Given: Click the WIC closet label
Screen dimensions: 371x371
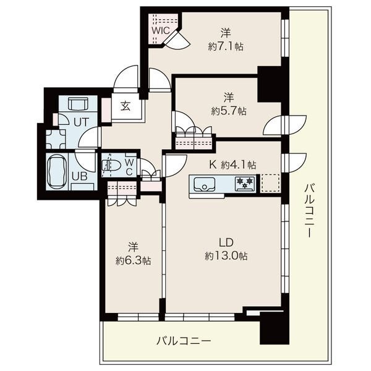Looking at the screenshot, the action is pyautogui.click(x=161, y=30).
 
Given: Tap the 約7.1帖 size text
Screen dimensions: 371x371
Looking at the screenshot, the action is pyautogui.click(x=226, y=46).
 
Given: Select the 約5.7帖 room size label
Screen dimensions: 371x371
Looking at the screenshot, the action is pyautogui.click(x=229, y=111).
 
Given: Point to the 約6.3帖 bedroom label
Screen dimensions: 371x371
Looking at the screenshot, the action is pyautogui.click(x=133, y=260).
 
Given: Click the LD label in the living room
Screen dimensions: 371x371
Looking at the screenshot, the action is pyautogui.click(x=226, y=242).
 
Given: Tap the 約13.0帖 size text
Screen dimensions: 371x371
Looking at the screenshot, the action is pyautogui.click(x=226, y=256).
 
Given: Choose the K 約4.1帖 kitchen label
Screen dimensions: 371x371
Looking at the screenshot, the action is pyautogui.click(x=232, y=164).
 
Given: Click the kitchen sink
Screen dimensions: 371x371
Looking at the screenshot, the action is pyautogui.click(x=205, y=184).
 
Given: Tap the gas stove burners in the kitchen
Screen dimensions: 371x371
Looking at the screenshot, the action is pyautogui.click(x=245, y=184).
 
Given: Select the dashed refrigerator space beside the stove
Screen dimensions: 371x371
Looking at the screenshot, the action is pyautogui.click(x=270, y=183).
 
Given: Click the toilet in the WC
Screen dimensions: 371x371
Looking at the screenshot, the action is pyautogui.click(x=111, y=165).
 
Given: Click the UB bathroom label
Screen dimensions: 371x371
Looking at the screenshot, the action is pyautogui.click(x=80, y=176).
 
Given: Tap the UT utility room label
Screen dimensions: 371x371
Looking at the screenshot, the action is pyautogui.click(x=81, y=122).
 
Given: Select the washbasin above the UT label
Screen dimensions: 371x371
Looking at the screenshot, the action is pyautogui.click(x=78, y=104).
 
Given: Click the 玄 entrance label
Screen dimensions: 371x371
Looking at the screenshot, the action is pyautogui.click(x=126, y=107).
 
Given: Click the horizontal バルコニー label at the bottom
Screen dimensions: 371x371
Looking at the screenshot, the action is pyautogui.click(x=184, y=341).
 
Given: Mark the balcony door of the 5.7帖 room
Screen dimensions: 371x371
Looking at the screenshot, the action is pyautogui.click(x=285, y=126).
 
